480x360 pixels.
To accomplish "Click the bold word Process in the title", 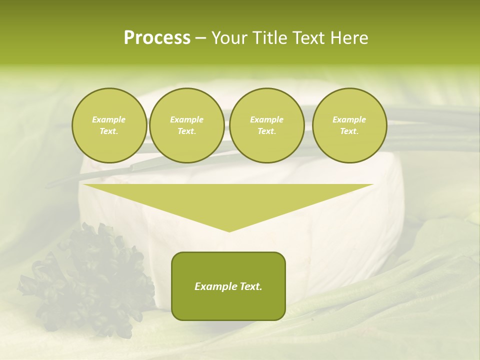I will point(157,38).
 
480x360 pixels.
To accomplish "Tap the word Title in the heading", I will point(269,38).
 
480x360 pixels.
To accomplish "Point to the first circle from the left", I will point(109,125).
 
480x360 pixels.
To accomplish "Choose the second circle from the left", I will point(186,125).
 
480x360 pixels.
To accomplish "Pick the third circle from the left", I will point(266,125).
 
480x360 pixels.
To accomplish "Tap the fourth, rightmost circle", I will point(349,125).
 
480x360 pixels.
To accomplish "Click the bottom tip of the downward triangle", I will point(229,230).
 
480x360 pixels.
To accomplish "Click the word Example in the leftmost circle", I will point(109,120).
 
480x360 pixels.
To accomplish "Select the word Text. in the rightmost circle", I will point(349,131).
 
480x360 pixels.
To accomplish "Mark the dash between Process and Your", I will point(201,38).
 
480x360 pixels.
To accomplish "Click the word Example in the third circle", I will point(266,120).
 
